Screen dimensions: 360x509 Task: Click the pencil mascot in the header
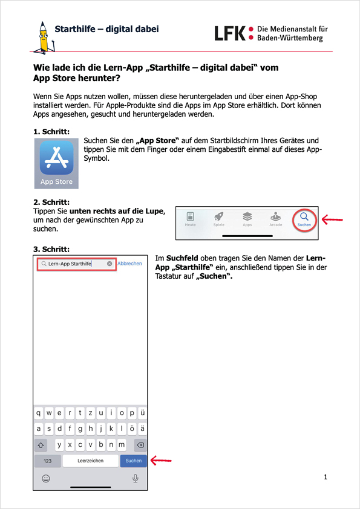[44, 37]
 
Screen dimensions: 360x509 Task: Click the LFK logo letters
[230, 33]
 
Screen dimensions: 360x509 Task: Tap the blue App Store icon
[56, 158]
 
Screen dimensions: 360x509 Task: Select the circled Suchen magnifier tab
[304, 220]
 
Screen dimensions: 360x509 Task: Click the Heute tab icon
[191, 216]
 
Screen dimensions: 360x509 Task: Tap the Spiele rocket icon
[218, 216]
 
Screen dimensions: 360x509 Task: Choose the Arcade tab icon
[275, 216]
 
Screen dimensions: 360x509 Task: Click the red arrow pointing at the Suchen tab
[332, 219]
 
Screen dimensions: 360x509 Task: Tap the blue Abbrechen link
[129, 263]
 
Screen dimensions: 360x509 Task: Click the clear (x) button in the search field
[110, 264]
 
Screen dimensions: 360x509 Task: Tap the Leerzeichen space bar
[90, 461]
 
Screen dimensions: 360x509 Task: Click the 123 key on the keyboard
[47, 461]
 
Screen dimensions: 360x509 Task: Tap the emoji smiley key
[46, 478]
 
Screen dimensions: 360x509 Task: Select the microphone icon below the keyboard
[136, 478]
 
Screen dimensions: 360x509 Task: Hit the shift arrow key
[41, 445]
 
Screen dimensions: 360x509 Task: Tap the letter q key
[38, 413]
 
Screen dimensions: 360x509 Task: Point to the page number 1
[326, 477]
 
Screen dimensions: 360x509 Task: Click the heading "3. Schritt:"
[51, 249]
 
